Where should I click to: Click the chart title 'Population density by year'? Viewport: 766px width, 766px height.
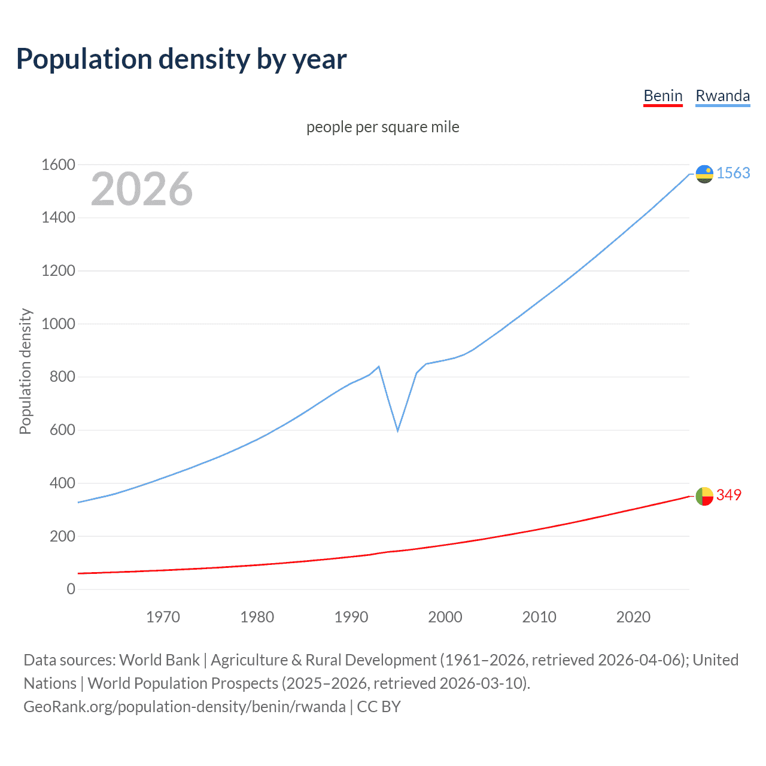point(181,59)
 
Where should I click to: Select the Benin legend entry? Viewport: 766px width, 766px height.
point(662,96)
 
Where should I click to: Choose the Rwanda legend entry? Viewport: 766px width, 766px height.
point(722,96)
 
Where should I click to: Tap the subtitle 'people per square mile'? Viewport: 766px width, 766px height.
point(382,127)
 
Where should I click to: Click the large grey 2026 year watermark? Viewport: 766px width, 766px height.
point(142,189)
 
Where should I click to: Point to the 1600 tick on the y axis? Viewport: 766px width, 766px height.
point(58,165)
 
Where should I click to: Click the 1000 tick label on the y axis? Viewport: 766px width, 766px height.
point(58,324)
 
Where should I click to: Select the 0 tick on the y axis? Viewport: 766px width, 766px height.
point(71,589)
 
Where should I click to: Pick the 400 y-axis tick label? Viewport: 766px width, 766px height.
point(62,483)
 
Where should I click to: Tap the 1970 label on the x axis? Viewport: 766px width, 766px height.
point(163,617)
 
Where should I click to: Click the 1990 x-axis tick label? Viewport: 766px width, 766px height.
point(351,617)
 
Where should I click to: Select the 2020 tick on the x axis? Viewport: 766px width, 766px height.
point(633,617)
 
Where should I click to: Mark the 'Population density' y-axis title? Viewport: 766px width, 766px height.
point(25,371)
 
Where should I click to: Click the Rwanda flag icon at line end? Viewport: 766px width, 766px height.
point(704,174)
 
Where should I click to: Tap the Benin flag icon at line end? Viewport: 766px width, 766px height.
point(704,496)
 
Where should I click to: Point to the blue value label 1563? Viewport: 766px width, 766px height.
point(733,173)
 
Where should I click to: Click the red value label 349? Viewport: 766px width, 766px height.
point(728,495)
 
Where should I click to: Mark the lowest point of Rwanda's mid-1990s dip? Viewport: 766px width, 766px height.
point(397,430)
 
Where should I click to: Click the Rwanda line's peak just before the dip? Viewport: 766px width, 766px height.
point(379,366)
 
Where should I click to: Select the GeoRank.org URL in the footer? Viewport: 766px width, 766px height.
point(184,707)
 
